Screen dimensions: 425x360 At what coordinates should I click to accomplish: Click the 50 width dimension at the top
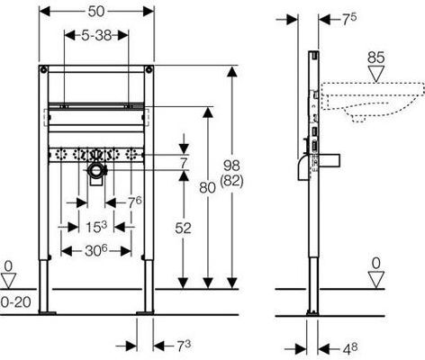point(96,12)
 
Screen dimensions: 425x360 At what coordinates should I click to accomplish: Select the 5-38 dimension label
point(96,36)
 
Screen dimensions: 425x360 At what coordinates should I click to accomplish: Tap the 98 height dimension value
point(231,166)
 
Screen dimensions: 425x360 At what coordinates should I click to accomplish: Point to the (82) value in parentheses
point(231,181)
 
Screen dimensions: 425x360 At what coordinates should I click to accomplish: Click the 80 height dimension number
point(207,188)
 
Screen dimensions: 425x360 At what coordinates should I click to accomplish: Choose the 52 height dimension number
point(183,229)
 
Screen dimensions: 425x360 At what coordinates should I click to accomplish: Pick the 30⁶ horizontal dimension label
point(96,250)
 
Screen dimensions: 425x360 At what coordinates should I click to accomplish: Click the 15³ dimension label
point(96,227)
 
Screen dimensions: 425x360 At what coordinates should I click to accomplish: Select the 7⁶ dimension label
point(135,202)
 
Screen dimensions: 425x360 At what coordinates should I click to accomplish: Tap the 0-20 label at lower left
point(15,302)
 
